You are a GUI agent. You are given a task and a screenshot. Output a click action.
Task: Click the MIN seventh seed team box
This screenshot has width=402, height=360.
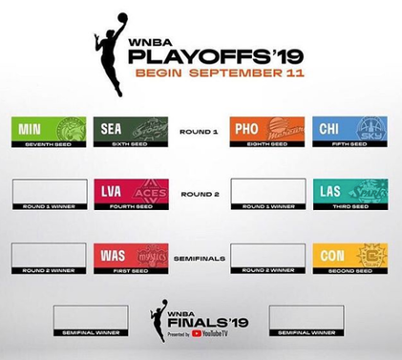[x=49, y=131]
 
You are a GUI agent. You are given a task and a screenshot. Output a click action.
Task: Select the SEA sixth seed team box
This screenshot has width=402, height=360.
[x=131, y=131]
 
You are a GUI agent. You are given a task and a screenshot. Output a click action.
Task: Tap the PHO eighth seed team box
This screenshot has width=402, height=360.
[x=266, y=131]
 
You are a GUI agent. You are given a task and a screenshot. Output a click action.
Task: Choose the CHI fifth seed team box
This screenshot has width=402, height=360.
[x=349, y=131]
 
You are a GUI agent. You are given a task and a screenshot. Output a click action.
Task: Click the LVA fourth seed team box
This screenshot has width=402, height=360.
[x=131, y=194]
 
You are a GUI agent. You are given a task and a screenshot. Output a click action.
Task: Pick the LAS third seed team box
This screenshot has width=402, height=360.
[x=349, y=194]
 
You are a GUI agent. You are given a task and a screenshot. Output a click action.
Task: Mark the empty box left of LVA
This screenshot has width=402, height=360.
[x=49, y=194]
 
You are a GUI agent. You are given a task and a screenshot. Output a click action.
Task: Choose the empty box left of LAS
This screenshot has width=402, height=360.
[x=267, y=194]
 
